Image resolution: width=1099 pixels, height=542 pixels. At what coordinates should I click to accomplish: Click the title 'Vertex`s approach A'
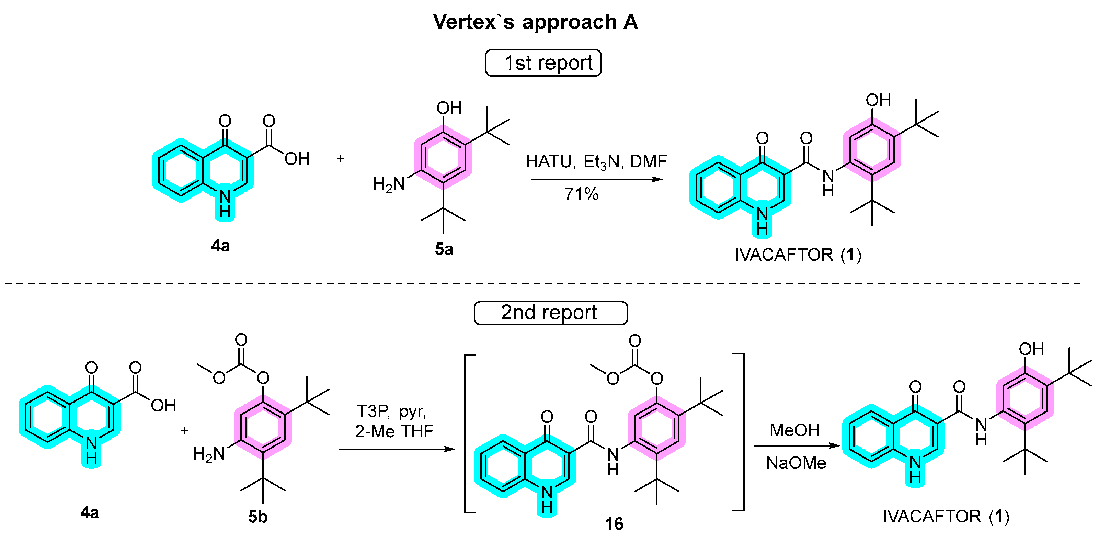coord(535,21)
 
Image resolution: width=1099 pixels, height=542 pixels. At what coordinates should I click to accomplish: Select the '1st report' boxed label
coord(543,63)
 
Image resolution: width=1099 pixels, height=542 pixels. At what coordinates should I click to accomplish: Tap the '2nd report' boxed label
coord(550,313)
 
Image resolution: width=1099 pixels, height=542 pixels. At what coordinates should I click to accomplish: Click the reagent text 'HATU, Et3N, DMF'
coord(596,162)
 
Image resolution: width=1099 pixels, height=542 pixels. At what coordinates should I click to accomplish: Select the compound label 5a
coord(444,249)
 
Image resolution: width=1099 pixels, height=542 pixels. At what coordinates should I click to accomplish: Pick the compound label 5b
coord(258,517)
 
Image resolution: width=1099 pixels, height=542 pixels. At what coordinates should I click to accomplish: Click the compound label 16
coord(614,524)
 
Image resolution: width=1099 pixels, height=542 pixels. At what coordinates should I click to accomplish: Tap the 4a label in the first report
coord(220,246)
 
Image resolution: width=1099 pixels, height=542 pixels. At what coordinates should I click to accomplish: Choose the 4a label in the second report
coord(90,512)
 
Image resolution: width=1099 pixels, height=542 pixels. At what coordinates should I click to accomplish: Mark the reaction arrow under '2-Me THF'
coord(397,449)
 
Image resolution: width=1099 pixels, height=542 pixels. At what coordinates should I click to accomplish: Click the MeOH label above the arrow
coord(794,430)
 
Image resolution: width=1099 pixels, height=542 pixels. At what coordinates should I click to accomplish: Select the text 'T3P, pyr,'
coord(391,411)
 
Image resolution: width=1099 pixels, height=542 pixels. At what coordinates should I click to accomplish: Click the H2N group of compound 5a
coord(389,184)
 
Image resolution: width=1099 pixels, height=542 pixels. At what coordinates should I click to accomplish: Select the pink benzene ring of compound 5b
coord(263,427)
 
